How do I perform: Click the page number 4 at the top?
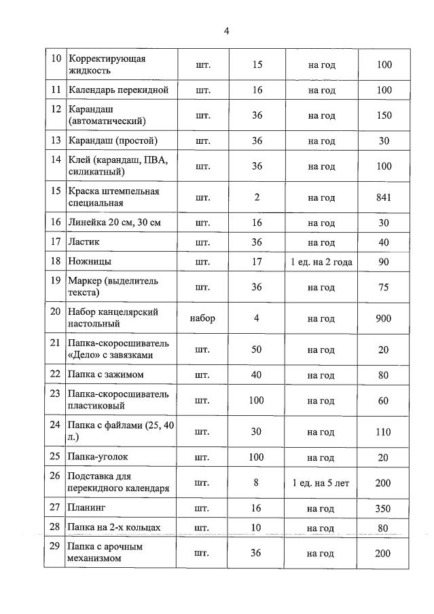(x=227, y=31)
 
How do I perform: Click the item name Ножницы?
(x=90, y=261)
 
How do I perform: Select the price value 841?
(x=384, y=197)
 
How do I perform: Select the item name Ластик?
(x=84, y=242)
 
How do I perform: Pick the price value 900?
(x=384, y=318)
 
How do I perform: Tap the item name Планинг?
(x=88, y=507)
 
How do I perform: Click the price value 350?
(x=384, y=507)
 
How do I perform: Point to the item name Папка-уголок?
(x=98, y=457)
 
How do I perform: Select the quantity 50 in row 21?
(x=256, y=350)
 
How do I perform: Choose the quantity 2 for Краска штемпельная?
(x=257, y=197)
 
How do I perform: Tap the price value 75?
(x=384, y=287)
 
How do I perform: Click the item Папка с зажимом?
(x=105, y=375)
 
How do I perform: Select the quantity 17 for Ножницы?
(x=257, y=262)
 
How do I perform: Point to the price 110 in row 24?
(x=384, y=431)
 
